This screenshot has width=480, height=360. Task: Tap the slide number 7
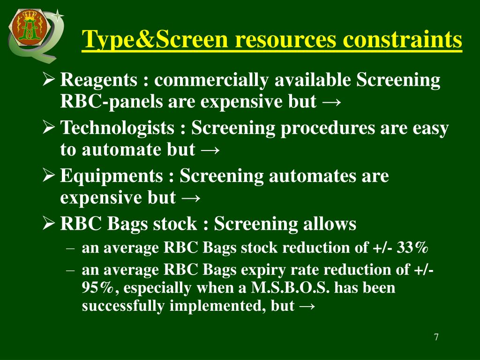[436, 337]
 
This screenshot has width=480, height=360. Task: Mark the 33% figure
[413, 248]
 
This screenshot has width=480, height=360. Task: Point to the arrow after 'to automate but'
[209, 150]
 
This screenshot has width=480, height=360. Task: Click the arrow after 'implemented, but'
[307, 307]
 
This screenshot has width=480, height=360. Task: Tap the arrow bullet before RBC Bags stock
[48, 223]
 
